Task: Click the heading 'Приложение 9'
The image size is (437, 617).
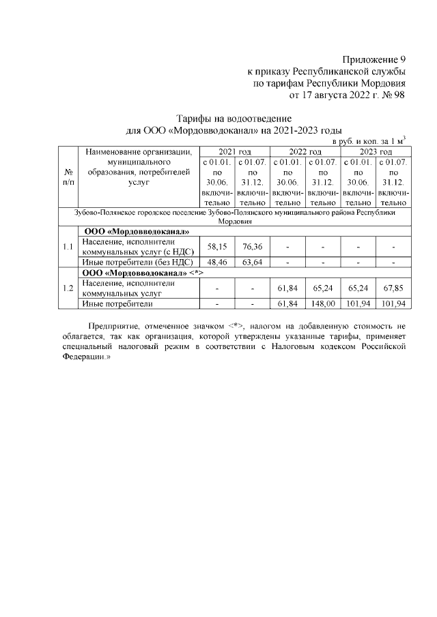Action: point(374,59)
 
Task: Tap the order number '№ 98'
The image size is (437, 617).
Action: point(392,95)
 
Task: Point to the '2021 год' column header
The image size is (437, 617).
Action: point(234,151)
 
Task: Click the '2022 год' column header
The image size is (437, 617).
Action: point(305,151)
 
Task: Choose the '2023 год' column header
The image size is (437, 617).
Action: point(376,151)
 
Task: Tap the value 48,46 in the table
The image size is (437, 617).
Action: point(216,261)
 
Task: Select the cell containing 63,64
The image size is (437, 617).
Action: point(252,261)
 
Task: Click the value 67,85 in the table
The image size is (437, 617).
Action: point(393,288)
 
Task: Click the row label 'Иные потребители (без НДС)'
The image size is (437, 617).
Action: point(137,261)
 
